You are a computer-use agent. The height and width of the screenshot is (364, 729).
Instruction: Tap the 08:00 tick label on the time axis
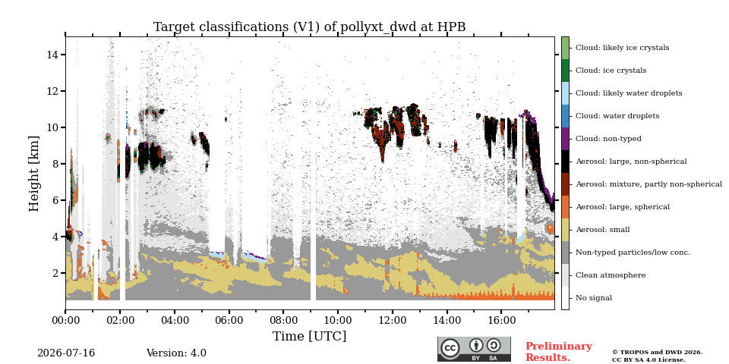[283, 321]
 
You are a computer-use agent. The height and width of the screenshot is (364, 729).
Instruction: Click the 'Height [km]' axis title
[34, 174]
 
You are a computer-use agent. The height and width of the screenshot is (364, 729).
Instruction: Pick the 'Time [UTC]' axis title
[310, 336]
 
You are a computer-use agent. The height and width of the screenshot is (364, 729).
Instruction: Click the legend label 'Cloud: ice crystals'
[611, 71]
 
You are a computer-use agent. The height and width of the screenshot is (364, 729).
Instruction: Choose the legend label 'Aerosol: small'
[603, 230]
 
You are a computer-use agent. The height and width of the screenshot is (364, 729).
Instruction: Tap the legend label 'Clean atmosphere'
[611, 275]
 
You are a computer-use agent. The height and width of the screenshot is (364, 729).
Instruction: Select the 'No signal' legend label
[594, 298]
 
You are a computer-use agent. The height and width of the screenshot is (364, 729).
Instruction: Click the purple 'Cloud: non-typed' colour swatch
[565, 139]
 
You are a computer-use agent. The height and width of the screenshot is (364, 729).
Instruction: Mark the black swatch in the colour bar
[565, 162]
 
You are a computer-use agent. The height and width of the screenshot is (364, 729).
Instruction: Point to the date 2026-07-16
[66, 353]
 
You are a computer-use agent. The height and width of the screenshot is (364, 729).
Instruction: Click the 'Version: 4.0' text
[176, 353]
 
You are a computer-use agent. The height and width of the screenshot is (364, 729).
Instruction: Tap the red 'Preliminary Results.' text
[559, 352]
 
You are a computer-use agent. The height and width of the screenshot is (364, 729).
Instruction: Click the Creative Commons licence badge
[474, 349]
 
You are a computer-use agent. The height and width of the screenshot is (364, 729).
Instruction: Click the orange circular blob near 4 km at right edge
[550, 228]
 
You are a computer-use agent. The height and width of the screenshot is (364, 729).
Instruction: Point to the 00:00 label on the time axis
[65, 321]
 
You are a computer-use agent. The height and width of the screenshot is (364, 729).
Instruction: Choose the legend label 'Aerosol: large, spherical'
[623, 207]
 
